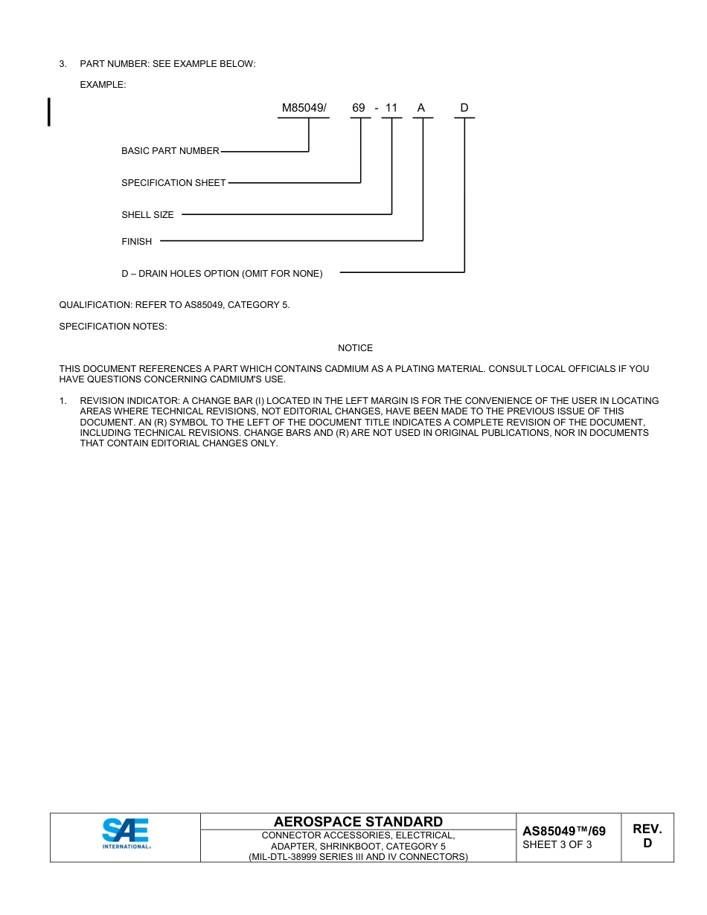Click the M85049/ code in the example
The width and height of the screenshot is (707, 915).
pos(304,109)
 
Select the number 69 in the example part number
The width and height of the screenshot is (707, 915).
pos(359,109)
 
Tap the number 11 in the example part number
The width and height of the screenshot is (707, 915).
pos(391,109)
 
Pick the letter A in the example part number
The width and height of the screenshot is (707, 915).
pos(421,109)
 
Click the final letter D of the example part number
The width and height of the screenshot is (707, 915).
pos(464,109)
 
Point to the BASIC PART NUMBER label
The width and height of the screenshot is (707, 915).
pos(170,151)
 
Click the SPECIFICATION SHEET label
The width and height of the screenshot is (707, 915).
pos(173,183)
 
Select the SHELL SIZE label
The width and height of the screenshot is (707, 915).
pos(147,215)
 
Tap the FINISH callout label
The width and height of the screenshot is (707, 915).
pos(136,242)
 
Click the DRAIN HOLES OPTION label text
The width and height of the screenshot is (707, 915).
pos(222,274)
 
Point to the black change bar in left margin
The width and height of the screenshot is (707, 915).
pos(49,112)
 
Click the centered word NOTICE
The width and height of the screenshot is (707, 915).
pos(355,348)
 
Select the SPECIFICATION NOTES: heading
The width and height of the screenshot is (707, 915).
pos(113,327)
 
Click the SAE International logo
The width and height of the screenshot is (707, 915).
pos(126,834)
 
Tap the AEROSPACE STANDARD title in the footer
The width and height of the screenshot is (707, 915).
pos(358,822)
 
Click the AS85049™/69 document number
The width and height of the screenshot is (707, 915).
pos(563,831)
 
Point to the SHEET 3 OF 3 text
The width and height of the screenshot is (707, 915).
pos(557,844)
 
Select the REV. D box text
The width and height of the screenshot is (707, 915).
pos(647,836)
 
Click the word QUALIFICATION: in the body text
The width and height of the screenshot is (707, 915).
pos(95,305)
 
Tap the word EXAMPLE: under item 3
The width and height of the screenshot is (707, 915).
pos(103,85)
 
